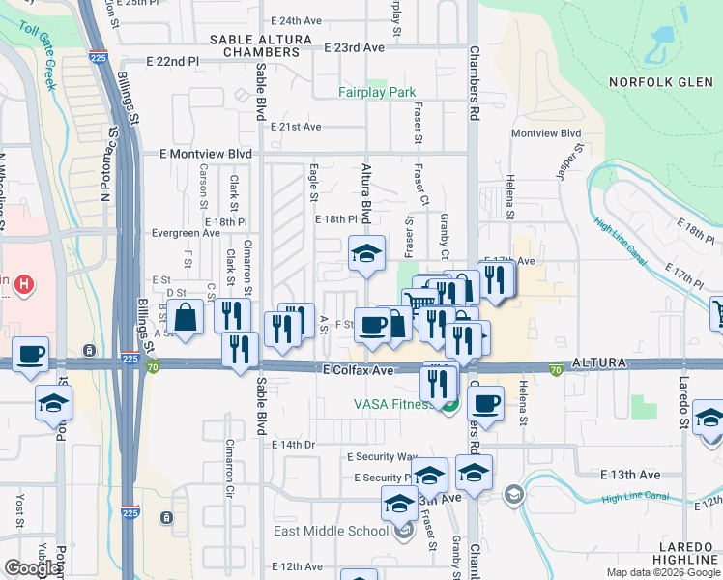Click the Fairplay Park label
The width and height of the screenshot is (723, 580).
point(377,93)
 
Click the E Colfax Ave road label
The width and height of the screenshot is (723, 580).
point(359,370)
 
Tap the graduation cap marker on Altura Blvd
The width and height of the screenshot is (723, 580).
point(366,254)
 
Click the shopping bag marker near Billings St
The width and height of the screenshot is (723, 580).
point(184,317)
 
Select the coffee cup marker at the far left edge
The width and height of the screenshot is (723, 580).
point(30,354)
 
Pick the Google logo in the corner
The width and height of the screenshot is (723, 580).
point(32,568)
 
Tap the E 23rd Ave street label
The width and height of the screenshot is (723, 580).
point(355,46)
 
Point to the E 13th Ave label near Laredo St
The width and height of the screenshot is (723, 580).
point(629,475)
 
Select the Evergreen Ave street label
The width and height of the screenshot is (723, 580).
point(187,233)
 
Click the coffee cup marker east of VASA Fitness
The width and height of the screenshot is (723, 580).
point(487,402)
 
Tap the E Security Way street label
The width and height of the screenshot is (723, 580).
point(384,456)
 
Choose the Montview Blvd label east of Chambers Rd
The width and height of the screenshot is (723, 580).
point(546,133)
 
